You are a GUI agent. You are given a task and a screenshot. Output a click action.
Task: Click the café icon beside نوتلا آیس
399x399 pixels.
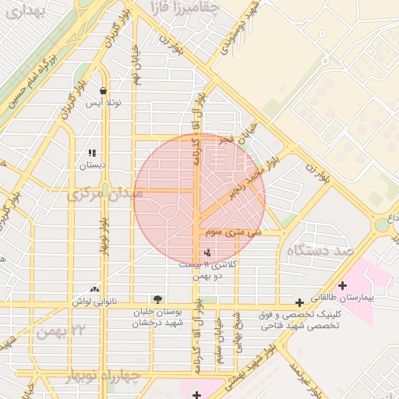[x=104, y=91]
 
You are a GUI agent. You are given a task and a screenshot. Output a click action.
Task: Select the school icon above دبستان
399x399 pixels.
[x=93, y=154]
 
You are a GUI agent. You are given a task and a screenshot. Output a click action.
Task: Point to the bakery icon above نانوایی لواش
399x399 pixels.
[x=95, y=289]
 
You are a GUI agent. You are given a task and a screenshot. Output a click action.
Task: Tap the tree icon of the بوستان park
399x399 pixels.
[x=158, y=299]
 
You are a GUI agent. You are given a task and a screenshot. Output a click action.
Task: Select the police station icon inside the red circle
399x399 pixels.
[x=207, y=252]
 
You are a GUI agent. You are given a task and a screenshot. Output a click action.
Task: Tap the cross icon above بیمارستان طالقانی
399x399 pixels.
[x=342, y=286]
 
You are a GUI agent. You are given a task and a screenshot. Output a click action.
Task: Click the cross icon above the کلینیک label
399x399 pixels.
[x=299, y=302]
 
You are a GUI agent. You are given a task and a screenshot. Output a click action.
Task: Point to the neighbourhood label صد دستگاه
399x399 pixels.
[x=320, y=251]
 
